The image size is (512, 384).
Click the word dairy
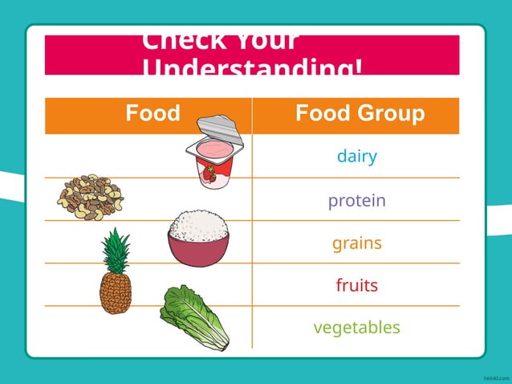point(356,157)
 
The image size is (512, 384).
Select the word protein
point(356,200)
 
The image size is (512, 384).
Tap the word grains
point(356,243)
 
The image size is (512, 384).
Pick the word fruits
point(356,285)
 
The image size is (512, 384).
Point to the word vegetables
point(356,328)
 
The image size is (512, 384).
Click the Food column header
point(152,114)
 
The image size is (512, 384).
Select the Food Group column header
point(360,114)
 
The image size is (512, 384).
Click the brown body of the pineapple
point(115,293)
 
